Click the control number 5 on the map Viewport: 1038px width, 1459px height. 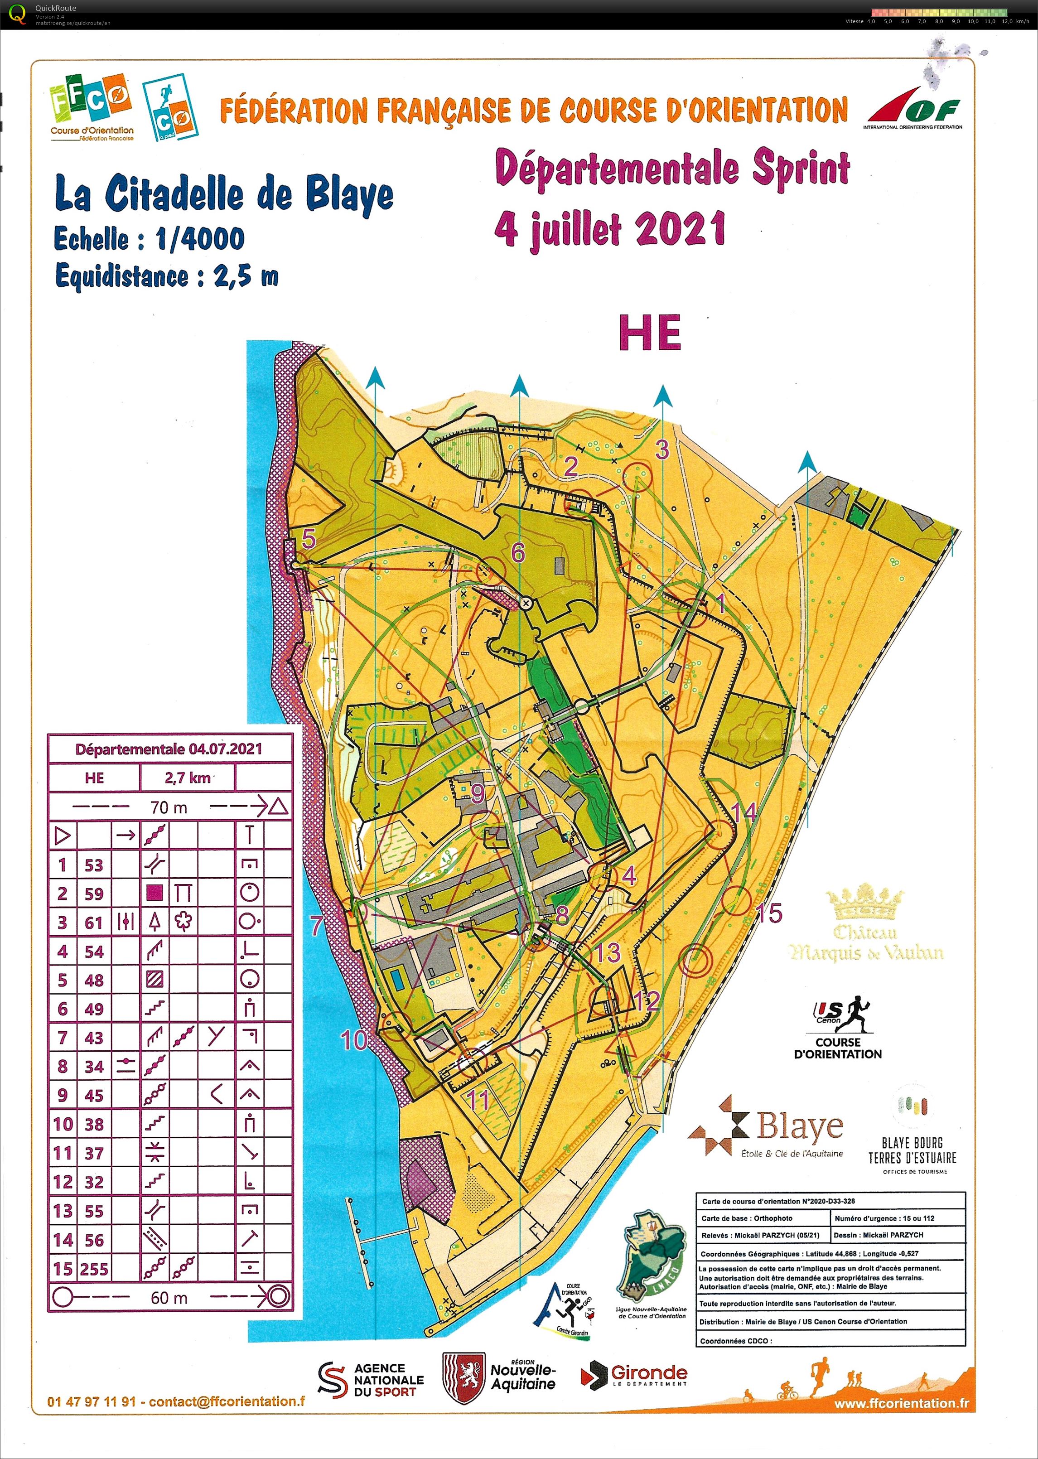pyautogui.click(x=309, y=539)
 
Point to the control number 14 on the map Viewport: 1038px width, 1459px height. pyautogui.click(x=743, y=812)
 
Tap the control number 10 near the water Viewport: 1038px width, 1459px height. pyautogui.click(x=353, y=1040)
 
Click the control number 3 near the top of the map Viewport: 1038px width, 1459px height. pyautogui.click(x=662, y=450)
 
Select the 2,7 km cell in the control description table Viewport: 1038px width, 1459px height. pyautogui.click(x=187, y=778)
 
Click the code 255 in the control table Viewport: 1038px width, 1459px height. pyautogui.click(x=94, y=1269)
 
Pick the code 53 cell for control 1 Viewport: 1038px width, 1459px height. pyautogui.click(x=94, y=865)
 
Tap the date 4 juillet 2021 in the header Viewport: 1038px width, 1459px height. pyautogui.click(x=610, y=229)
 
